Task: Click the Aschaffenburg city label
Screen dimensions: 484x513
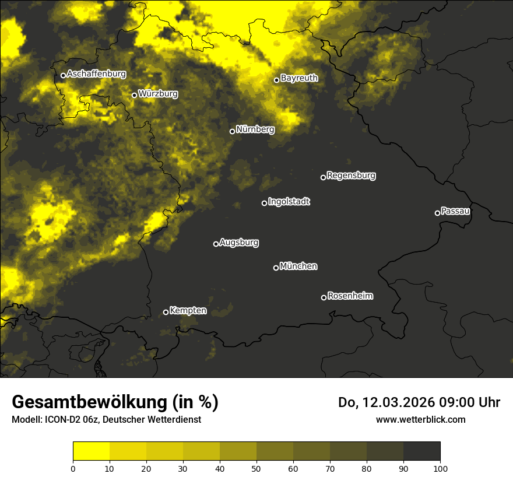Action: (x=96, y=74)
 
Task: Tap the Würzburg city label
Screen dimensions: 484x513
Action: (x=158, y=93)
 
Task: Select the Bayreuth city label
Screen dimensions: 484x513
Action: (x=299, y=78)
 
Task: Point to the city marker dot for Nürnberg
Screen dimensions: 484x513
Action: (x=232, y=131)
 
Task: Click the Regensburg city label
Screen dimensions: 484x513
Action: (x=351, y=175)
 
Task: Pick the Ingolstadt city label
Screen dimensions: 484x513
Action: (x=289, y=202)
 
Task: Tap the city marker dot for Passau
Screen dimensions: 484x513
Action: (x=437, y=213)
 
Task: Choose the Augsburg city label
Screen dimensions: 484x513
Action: (x=239, y=242)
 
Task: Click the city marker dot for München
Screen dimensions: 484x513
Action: (x=276, y=268)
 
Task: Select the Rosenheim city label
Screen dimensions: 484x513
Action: (x=350, y=296)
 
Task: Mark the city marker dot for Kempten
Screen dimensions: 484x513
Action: (x=166, y=312)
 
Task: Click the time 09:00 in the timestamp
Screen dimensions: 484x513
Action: (x=461, y=402)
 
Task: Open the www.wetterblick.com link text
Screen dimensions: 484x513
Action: (x=420, y=419)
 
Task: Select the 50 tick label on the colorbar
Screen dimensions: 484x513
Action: (x=256, y=468)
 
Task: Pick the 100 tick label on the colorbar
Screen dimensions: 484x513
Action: (x=440, y=468)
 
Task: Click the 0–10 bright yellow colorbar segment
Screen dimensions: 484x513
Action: (x=91, y=451)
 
